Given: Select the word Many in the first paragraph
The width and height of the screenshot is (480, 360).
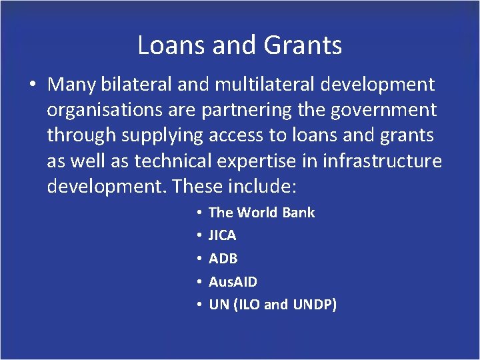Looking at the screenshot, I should (x=71, y=85).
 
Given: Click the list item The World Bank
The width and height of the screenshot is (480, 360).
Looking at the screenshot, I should (x=261, y=213).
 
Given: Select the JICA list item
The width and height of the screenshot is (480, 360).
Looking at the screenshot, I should (x=222, y=235).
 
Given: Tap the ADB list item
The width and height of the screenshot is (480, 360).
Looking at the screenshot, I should (x=223, y=259).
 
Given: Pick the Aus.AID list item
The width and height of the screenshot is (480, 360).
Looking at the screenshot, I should (x=233, y=282).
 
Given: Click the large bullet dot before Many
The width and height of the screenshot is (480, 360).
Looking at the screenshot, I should (x=32, y=86).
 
